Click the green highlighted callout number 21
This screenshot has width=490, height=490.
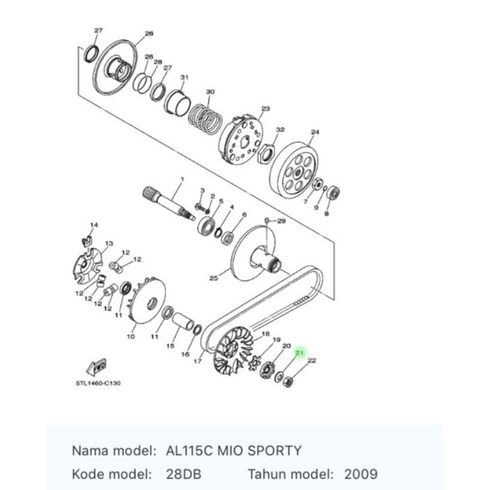point(299,353)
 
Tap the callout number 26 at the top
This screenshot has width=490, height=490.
point(149,33)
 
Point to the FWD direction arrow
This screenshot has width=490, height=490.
point(97,367)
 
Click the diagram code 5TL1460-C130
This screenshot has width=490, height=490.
point(98,383)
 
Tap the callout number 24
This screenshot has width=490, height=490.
point(315,132)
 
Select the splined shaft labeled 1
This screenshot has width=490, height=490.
point(169,203)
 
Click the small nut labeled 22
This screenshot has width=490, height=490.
point(287,382)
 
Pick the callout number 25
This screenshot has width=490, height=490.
point(213,278)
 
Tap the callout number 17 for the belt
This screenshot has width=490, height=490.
point(197,361)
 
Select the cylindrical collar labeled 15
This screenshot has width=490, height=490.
point(183,321)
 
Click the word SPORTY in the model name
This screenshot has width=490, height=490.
point(274,451)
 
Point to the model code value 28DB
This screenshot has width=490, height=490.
point(184,474)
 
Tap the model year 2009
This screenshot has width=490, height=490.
point(361,474)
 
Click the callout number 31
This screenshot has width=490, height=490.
point(185,77)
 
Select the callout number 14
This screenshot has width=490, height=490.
point(94,225)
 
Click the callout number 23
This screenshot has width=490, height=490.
point(265,109)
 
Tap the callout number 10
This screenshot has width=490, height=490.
point(131,336)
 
